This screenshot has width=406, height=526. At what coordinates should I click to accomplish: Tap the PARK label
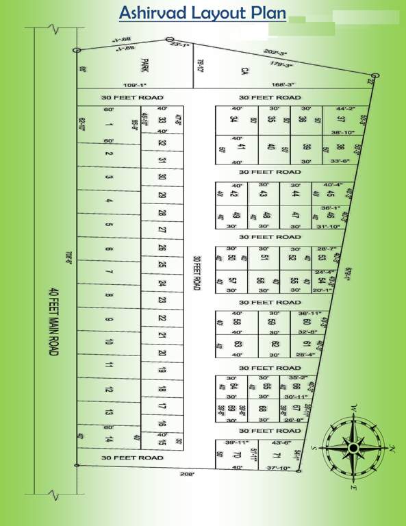click(144, 66)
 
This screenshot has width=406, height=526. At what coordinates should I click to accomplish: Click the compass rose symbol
click(355, 448)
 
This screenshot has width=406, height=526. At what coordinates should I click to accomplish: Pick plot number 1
click(109, 125)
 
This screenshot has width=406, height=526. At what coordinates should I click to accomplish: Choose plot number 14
click(109, 438)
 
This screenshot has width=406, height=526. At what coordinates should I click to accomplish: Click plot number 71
click(277, 455)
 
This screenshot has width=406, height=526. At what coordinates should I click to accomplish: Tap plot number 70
click(237, 455)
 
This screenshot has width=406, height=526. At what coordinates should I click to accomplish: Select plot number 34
click(233, 119)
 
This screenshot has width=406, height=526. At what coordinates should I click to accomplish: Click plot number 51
click(264, 258)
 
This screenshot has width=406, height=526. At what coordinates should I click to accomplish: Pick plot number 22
click(162, 318)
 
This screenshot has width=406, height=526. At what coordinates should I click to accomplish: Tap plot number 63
click(238, 345)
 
